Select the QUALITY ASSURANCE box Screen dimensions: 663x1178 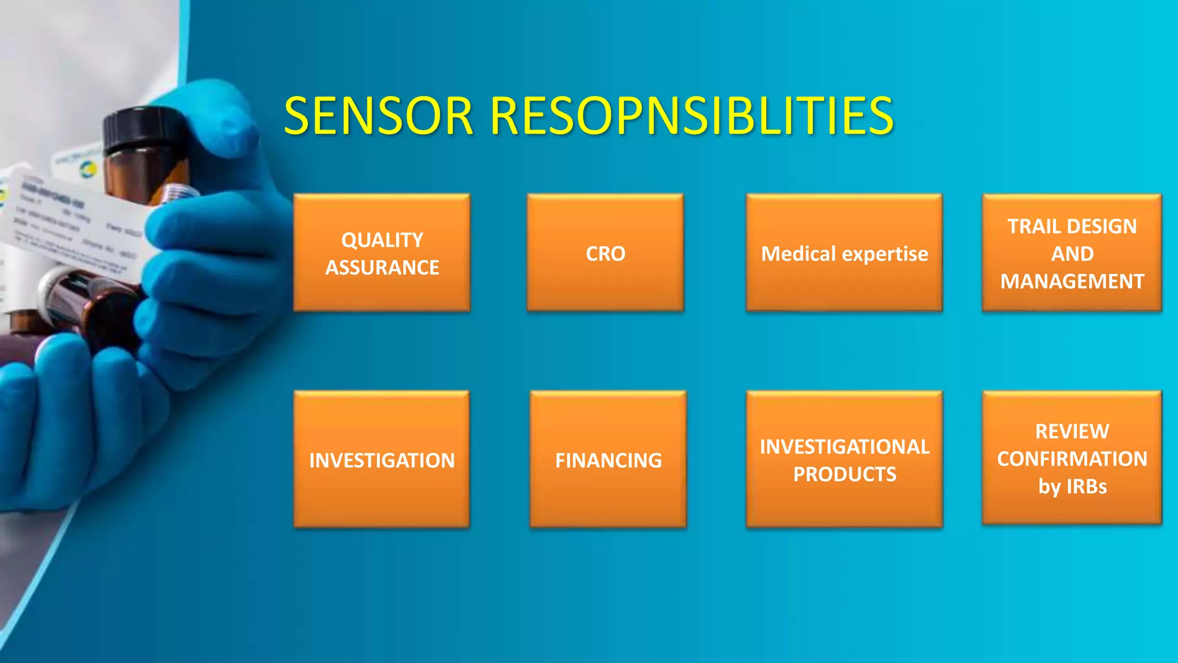(x=382, y=253)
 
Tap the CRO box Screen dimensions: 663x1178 (x=605, y=253)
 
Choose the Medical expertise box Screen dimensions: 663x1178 (x=844, y=253)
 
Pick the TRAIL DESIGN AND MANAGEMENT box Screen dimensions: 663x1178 (x=1072, y=253)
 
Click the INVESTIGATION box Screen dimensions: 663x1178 (x=382, y=460)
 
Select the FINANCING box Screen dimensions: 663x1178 (x=608, y=460)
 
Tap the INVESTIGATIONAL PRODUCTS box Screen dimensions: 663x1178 (x=844, y=460)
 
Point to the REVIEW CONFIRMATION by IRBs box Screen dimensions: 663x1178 (x=1072, y=458)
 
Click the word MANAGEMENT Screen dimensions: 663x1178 (x=1072, y=281)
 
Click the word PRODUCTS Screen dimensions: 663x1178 (x=844, y=474)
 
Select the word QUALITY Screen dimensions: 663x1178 (x=382, y=240)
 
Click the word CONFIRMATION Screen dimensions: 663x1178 (x=1072, y=459)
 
